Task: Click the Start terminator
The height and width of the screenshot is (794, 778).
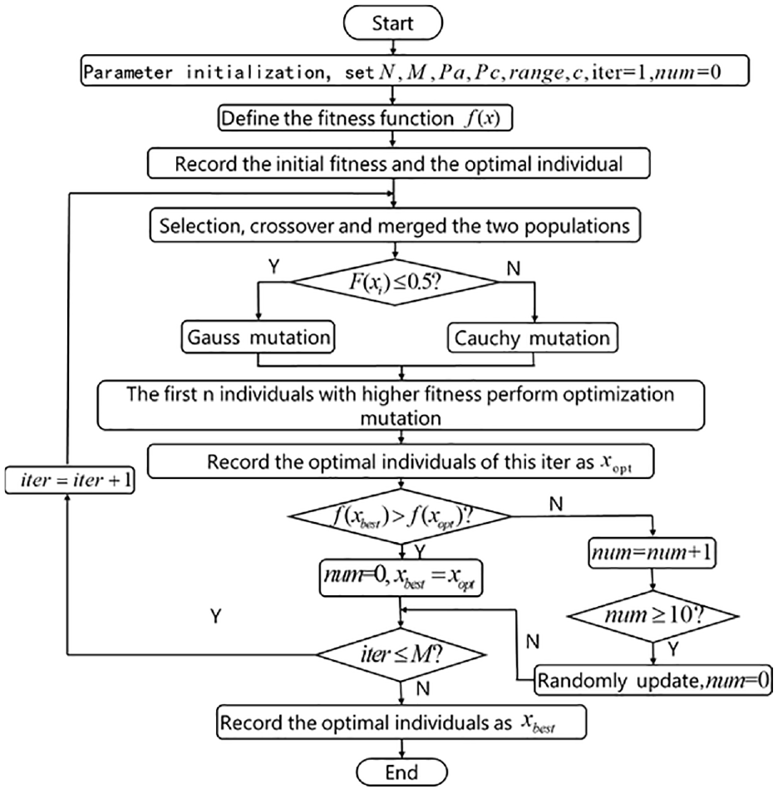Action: point(393,22)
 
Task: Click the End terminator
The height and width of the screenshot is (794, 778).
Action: point(402,772)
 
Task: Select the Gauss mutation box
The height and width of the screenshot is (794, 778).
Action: point(259,337)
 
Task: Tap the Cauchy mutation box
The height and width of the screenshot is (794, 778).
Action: point(533,338)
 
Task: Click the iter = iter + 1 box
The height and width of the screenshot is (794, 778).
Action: point(70,480)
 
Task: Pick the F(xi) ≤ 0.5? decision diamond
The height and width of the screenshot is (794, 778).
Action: point(395,282)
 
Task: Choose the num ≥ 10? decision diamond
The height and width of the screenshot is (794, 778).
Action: point(653,616)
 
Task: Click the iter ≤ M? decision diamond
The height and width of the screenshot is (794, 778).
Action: point(401,655)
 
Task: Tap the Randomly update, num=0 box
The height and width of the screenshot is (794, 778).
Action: point(653,680)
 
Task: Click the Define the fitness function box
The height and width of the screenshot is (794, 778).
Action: point(366,118)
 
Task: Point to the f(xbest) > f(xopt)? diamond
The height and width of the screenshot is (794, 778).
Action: point(400,516)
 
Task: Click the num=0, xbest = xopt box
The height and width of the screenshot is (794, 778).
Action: point(401,578)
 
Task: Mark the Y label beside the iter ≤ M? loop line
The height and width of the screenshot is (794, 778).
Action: point(216,616)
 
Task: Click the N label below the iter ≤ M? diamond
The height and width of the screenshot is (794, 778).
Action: point(422,688)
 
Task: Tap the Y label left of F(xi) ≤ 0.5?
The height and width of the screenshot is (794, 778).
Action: point(273,266)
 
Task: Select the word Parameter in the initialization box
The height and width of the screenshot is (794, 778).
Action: point(128,72)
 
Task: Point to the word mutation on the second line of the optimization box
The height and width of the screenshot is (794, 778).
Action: point(401,418)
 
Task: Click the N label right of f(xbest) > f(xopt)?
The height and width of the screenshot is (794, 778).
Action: point(556,504)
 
